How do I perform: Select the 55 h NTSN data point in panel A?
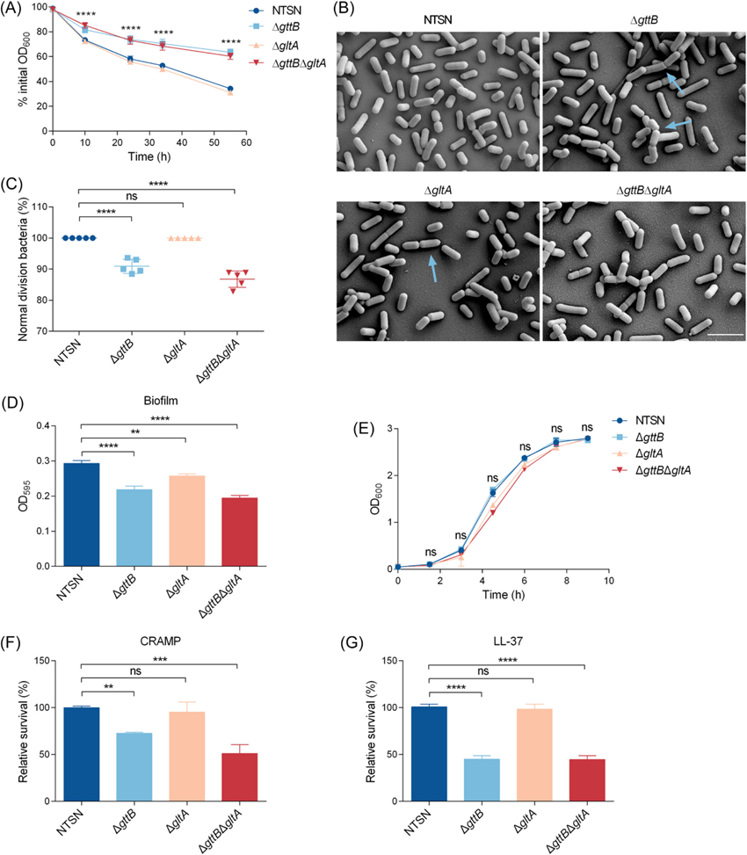pyautogui.click(x=230, y=89)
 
